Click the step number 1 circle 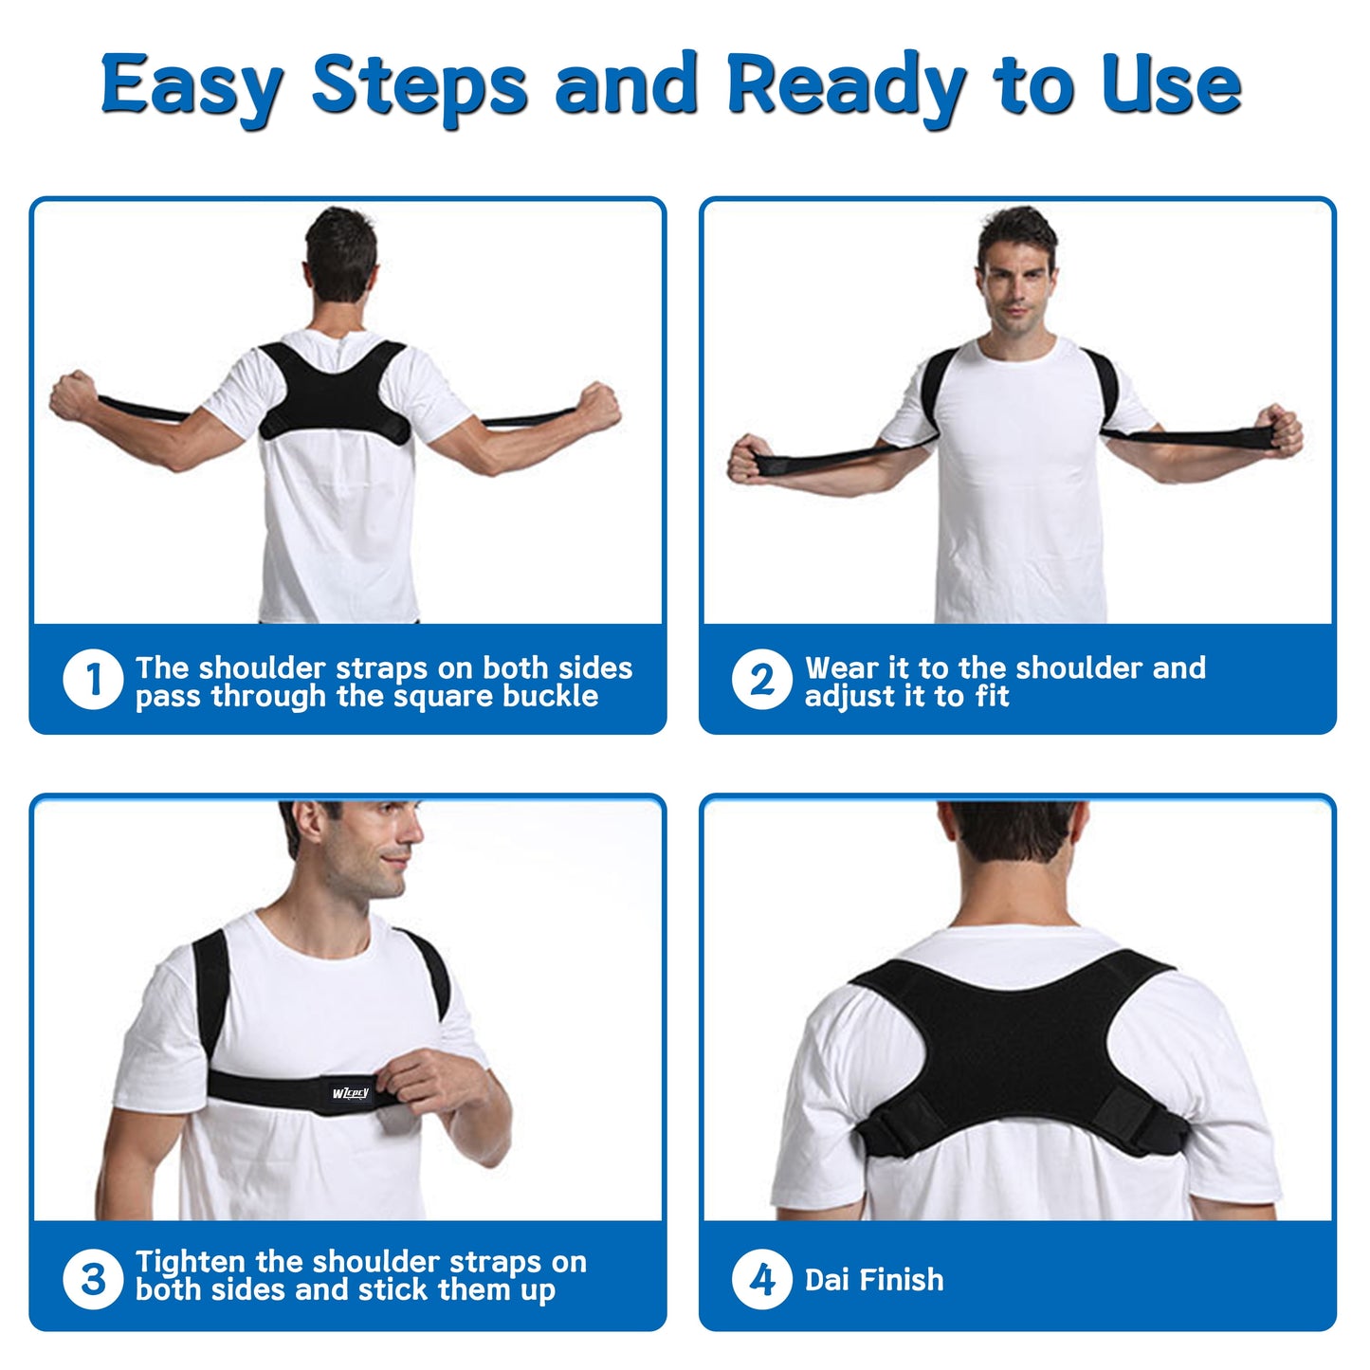click(x=93, y=679)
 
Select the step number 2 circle click(x=761, y=679)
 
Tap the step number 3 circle click(x=93, y=1278)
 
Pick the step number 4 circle click(x=761, y=1278)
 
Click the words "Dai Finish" click(x=873, y=1279)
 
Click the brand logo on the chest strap click(x=351, y=1093)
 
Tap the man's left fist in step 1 click(x=73, y=395)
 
